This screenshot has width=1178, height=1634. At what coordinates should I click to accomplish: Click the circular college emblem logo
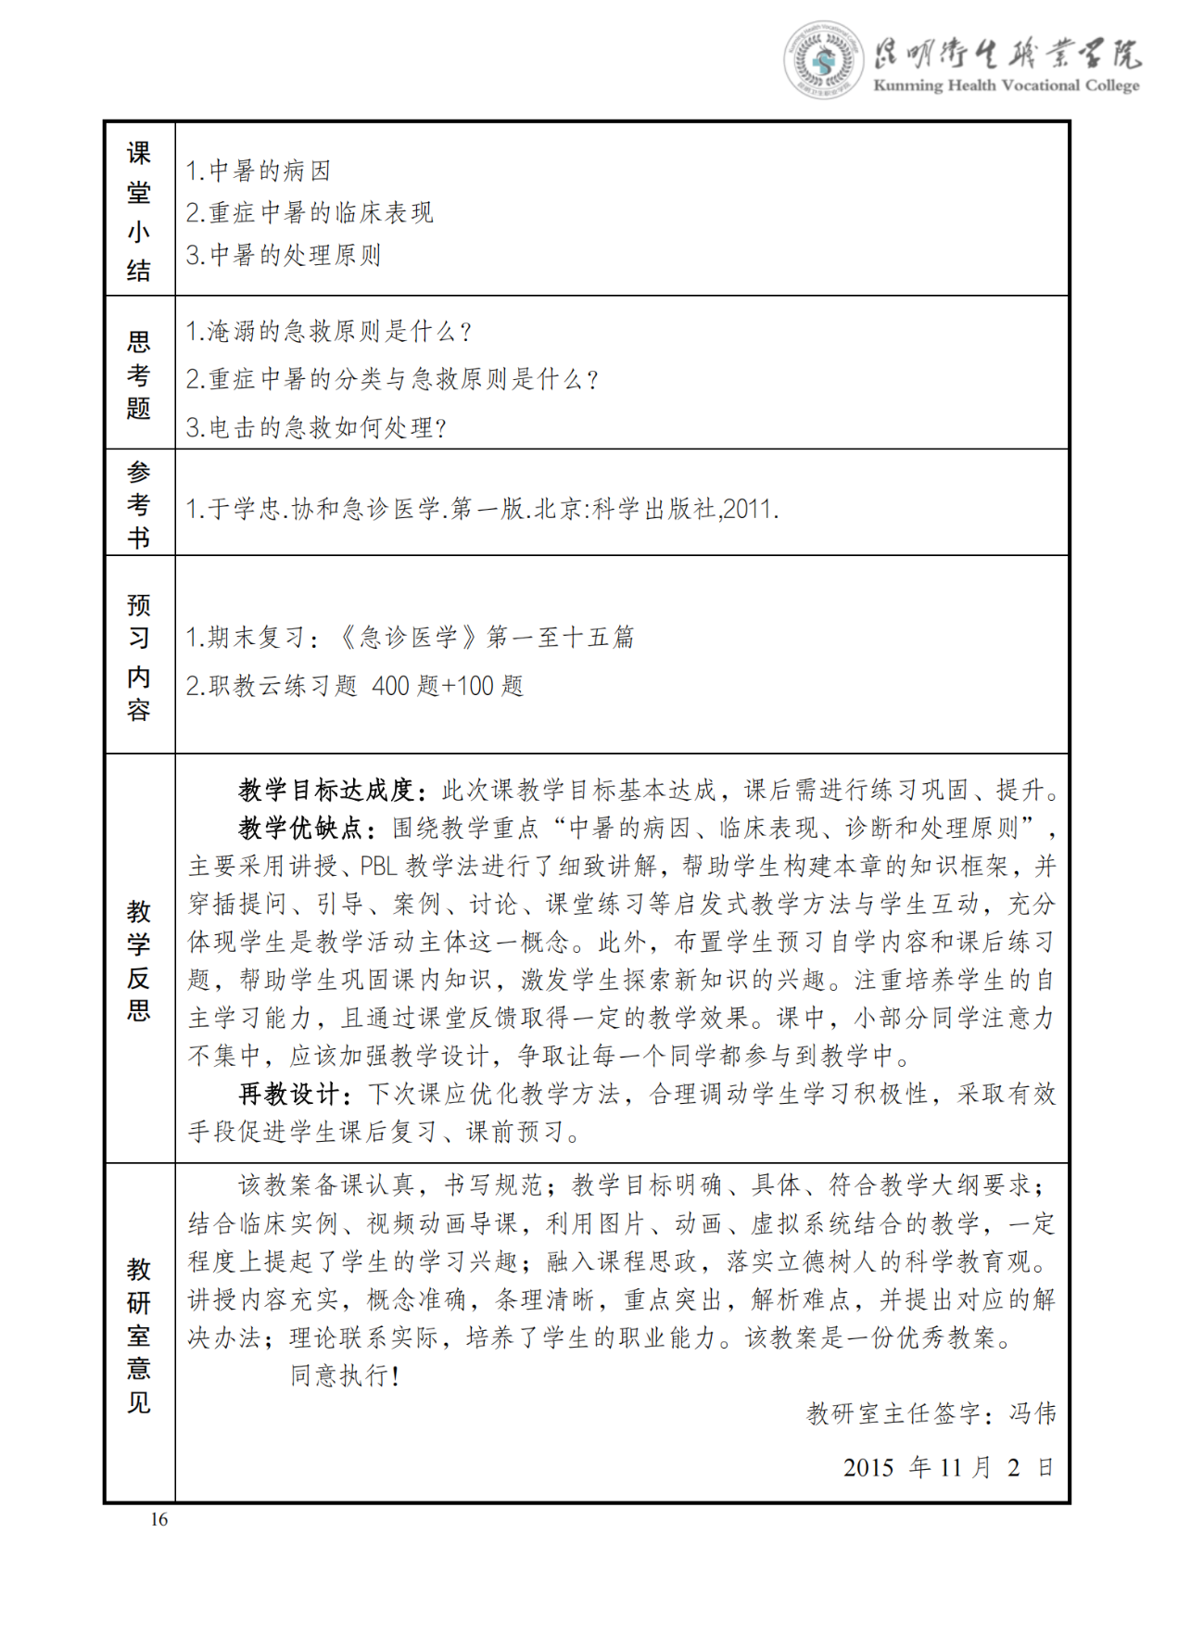point(822,60)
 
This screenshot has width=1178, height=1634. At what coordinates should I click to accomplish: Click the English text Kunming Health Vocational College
point(1006,86)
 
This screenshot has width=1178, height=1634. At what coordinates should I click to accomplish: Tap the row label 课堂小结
point(139,210)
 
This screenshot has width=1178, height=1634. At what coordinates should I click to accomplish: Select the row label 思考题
point(139,374)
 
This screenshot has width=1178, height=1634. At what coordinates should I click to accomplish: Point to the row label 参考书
point(139,504)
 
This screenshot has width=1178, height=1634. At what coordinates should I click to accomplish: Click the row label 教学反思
point(139,959)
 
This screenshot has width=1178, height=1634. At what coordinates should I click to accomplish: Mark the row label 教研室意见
point(139,1335)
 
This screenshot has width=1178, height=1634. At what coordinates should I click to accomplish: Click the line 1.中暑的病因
point(259,171)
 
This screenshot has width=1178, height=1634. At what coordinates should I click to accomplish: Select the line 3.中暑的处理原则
point(284,255)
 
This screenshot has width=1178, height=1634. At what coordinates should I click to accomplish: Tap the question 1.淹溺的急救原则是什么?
point(329,331)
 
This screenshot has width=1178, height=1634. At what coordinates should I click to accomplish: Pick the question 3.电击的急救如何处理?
point(316,427)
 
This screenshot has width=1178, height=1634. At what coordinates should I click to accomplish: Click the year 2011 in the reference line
point(747,509)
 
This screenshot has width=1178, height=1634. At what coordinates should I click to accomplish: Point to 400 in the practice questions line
point(390,686)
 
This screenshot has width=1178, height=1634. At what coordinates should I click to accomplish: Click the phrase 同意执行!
point(345,1375)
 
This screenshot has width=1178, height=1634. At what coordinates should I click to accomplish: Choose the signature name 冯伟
point(1032,1412)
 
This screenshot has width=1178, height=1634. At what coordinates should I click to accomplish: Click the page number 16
point(159,1519)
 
